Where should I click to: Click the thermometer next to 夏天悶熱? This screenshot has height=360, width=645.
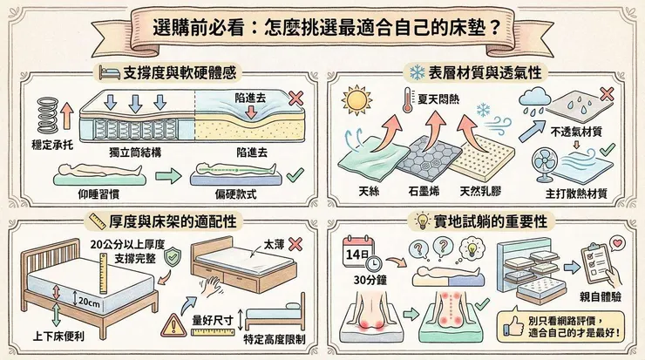coord(407,103)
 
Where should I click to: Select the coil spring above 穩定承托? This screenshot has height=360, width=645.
coord(49,113)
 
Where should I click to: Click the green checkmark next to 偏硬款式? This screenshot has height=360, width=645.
coord(294,174)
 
